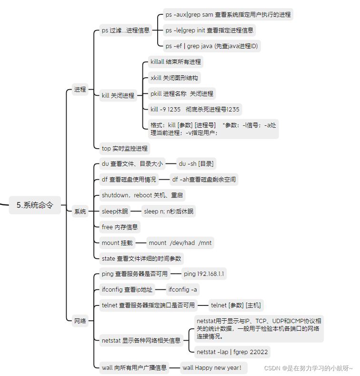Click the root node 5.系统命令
click(35, 205)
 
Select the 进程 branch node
click(80, 89)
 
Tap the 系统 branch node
click(80, 212)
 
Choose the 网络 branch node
click(80, 321)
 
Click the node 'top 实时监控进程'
click(125, 148)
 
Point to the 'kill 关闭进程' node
click(118, 95)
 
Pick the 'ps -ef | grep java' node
click(212, 46)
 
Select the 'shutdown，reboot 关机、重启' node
click(143, 195)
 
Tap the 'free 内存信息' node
click(120, 227)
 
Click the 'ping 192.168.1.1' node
click(204, 274)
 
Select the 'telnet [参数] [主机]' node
click(236, 305)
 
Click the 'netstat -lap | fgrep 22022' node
click(232, 352)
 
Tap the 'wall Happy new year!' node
click(212, 367)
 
